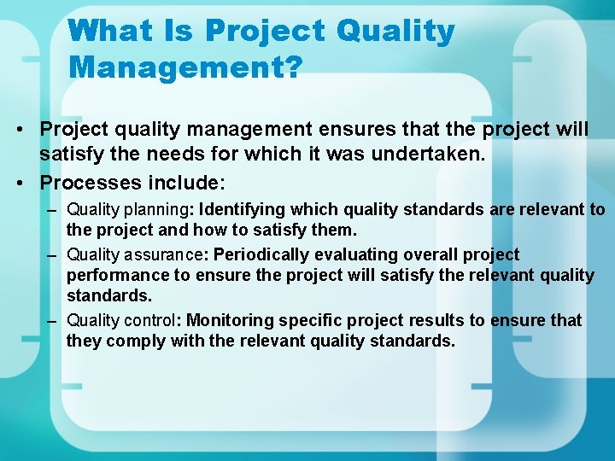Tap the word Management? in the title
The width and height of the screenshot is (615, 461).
(185, 67)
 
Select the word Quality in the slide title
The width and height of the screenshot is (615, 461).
(395, 31)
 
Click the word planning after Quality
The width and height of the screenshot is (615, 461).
(159, 209)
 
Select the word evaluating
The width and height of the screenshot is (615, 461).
(352, 254)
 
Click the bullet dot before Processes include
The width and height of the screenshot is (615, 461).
(28, 182)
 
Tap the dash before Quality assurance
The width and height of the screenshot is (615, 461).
(53, 254)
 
